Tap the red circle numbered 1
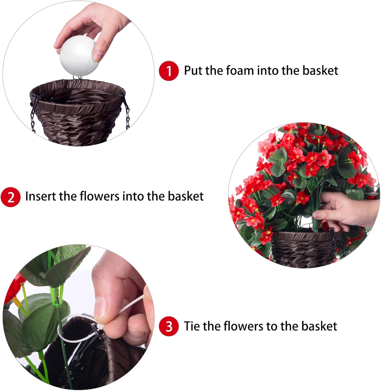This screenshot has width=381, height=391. coord(169,71)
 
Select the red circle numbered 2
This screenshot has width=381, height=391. coord(10,197)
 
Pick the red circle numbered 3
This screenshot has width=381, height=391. coord(169,326)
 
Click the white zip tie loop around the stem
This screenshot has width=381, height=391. coord(64,331)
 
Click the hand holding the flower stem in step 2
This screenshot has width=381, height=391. coord(344,209)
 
